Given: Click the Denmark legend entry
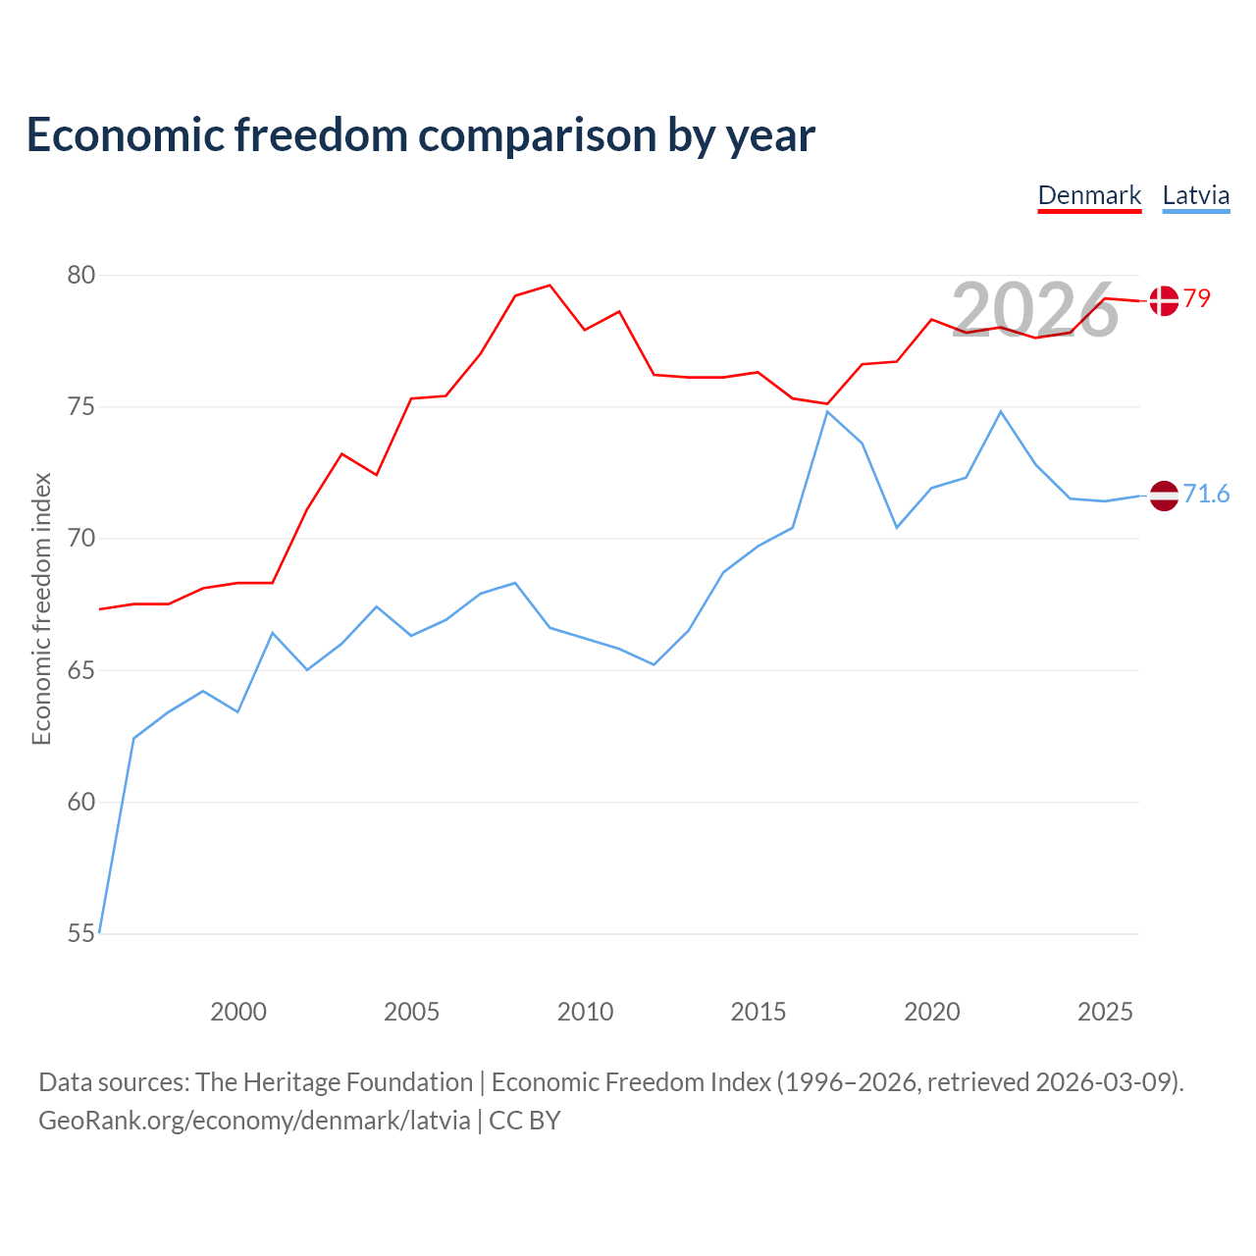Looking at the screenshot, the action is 1089,196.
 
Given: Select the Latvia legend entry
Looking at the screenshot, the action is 1196,196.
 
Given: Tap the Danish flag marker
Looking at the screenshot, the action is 1164,300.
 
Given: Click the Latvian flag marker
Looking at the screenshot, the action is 1164,496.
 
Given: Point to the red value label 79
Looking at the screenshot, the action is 1197,298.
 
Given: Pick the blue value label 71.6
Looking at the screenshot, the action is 1207,494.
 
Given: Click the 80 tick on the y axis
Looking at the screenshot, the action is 81,275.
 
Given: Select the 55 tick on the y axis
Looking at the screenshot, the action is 81,933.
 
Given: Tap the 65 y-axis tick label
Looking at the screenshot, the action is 81,670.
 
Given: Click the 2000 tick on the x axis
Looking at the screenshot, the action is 237,1012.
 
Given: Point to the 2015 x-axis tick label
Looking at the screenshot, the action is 759,1012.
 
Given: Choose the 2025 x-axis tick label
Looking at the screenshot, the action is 1105,1012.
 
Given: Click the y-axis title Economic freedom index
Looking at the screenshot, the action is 42,608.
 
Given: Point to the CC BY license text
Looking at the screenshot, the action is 525,1121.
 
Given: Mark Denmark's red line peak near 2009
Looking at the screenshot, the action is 549,285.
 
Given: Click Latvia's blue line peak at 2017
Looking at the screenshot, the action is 827,411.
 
